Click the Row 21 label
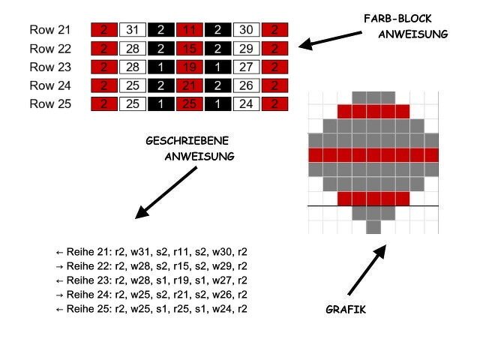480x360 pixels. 49,30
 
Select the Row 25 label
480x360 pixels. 49,104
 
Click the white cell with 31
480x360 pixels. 132,30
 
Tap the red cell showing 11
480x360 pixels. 189,30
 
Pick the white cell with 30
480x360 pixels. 246,30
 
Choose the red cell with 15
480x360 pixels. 189,49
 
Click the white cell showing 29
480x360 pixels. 246,49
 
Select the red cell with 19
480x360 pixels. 189,67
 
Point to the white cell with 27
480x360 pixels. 246,67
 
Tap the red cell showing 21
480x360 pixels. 189,86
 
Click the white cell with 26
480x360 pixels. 246,86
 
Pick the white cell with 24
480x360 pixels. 246,104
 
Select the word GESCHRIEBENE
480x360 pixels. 187,141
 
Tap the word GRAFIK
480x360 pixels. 346,309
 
